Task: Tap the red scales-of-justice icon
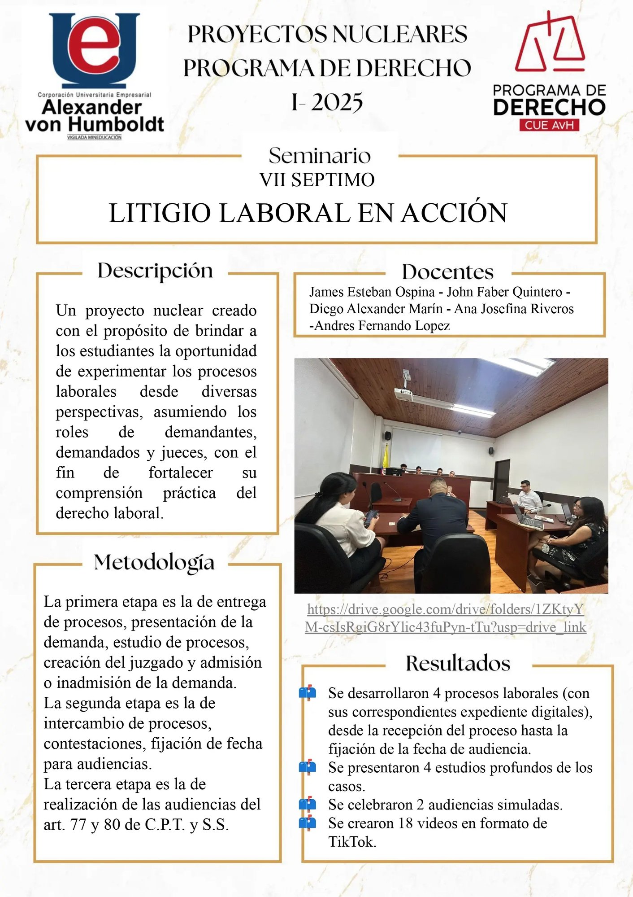(x=550, y=43)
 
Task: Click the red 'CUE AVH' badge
(x=549, y=125)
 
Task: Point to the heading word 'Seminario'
(x=320, y=156)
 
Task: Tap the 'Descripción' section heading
(x=155, y=271)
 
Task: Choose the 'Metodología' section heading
(x=154, y=562)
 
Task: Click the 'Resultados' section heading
(x=458, y=663)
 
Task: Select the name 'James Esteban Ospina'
(x=372, y=292)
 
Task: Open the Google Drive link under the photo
(x=446, y=618)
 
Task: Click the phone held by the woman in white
(x=370, y=518)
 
